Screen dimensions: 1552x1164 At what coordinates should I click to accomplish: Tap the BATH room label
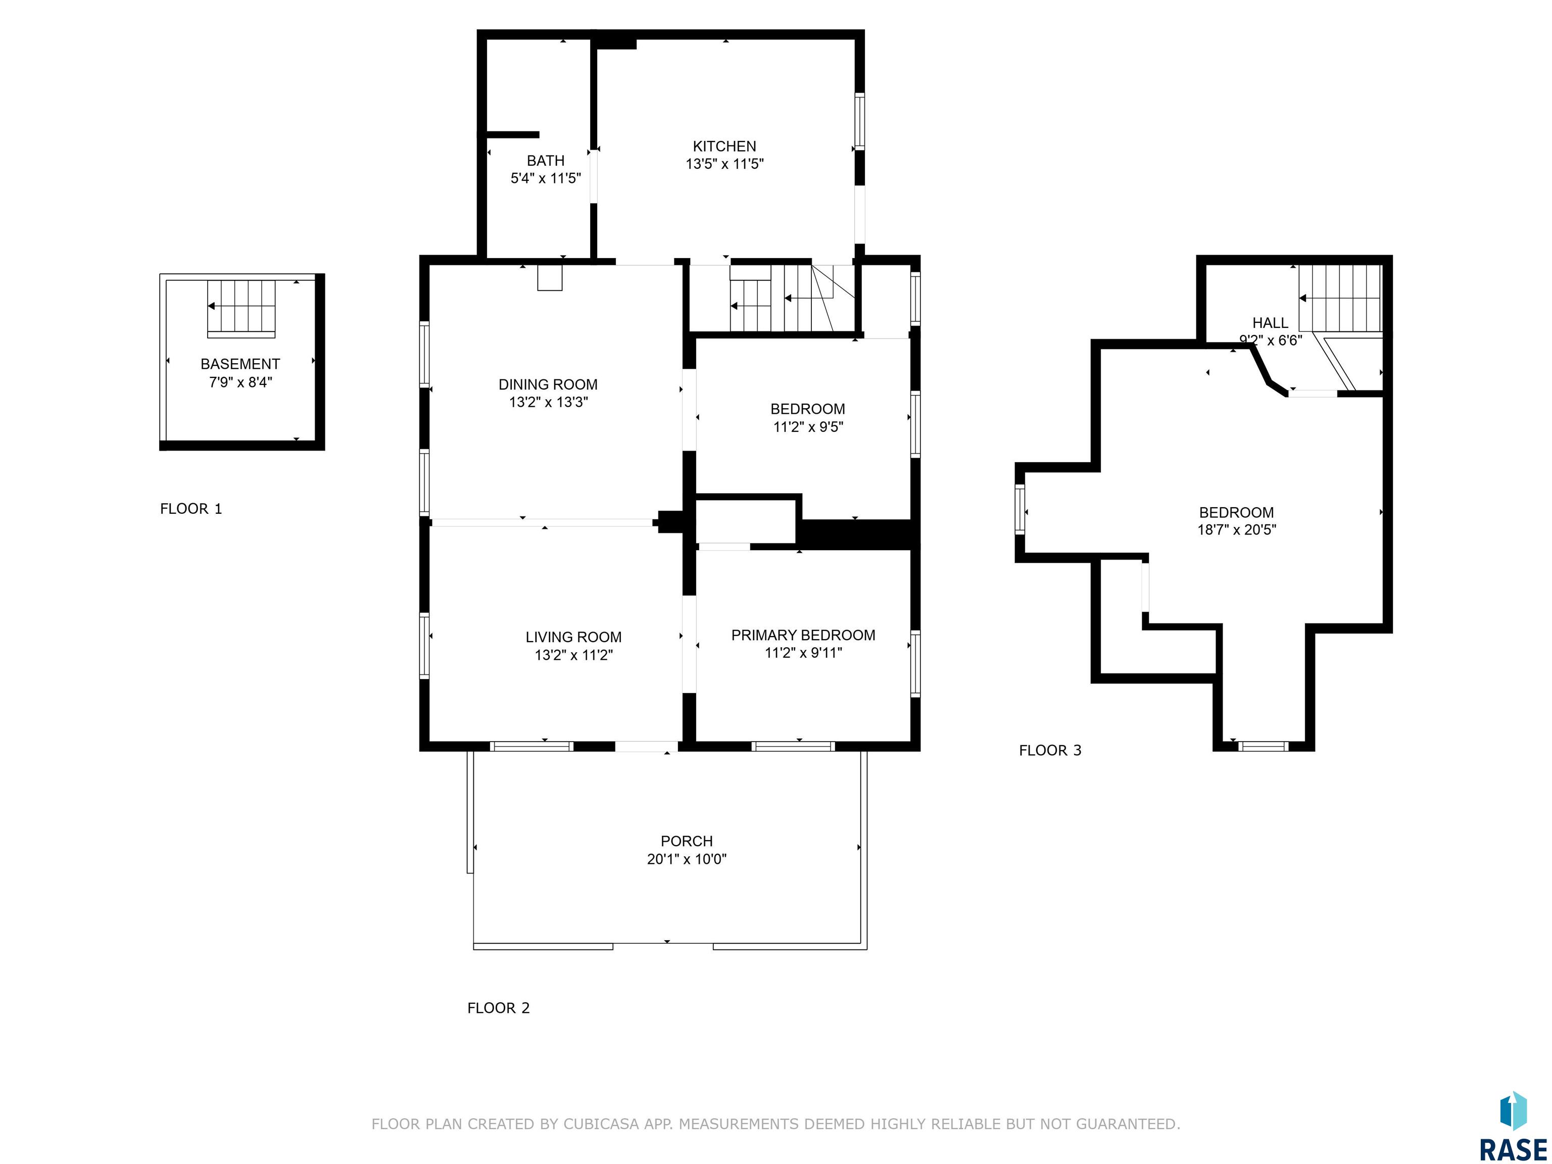click(545, 161)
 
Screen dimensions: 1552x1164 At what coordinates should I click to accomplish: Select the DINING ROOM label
click(548, 384)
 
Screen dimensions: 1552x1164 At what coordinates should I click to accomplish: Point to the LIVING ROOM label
click(573, 637)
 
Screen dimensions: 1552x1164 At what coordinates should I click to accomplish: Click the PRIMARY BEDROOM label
click(803, 635)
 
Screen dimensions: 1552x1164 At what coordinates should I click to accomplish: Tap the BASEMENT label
click(240, 364)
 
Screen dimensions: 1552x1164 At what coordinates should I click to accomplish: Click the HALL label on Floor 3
click(1270, 323)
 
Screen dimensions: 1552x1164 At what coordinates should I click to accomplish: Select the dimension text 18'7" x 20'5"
click(1236, 530)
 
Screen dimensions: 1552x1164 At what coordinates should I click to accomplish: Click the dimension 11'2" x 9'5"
click(807, 426)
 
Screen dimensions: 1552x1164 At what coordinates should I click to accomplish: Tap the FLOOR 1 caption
click(191, 509)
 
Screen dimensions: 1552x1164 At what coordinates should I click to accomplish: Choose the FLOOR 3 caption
click(1050, 750)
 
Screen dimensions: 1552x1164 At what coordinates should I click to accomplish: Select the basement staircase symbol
click(241, 307)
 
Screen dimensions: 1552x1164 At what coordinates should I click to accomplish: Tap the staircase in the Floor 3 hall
click(1340, 298)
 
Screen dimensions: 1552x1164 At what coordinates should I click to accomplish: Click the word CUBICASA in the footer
click(601, 1124)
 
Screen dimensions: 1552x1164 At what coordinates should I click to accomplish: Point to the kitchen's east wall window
click(859, 121)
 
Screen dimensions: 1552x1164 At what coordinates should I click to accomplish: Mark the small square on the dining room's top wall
click(550, 277)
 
